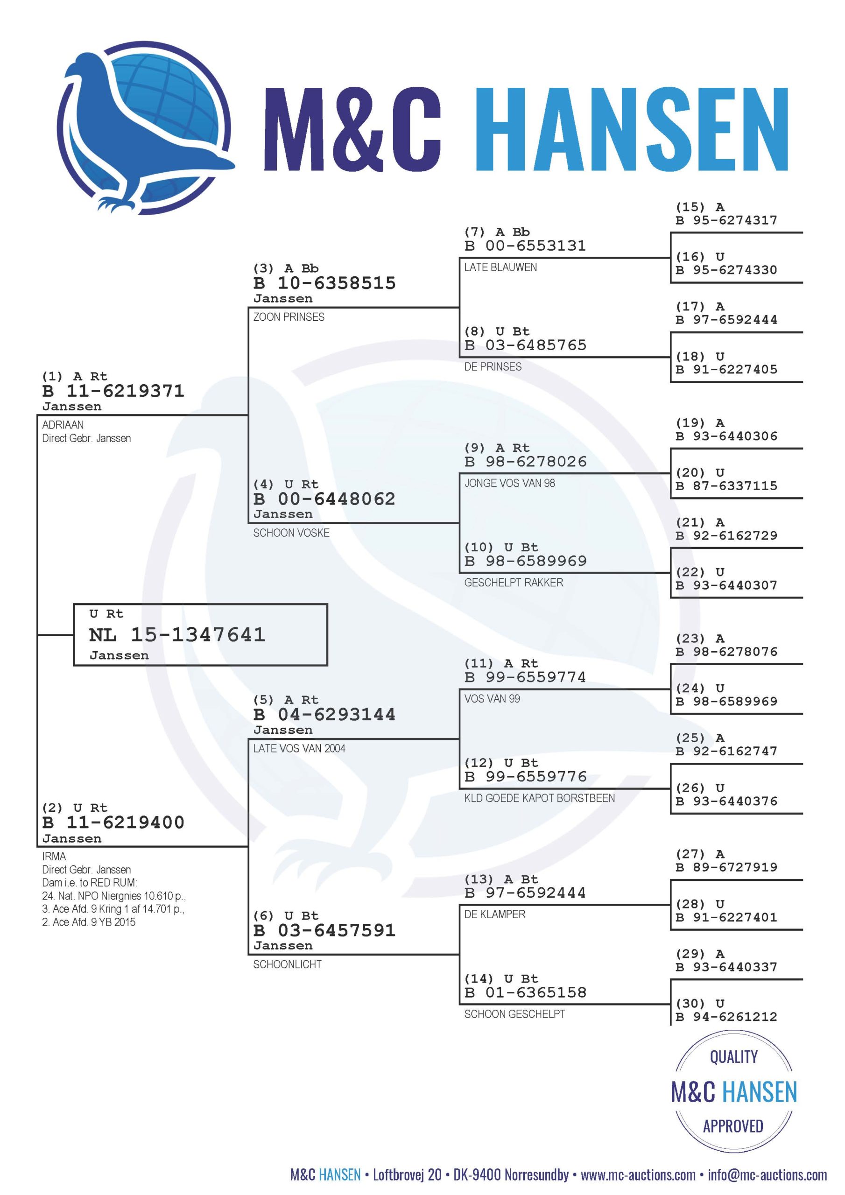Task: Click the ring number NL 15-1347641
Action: [177, 634]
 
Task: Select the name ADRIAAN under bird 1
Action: [63, 425]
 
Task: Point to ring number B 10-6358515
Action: [324, 283]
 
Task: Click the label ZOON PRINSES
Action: [289, 317]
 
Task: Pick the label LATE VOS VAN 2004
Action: [299, 748]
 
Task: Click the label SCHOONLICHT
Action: [288, 964]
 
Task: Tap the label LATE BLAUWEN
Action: [500, 267]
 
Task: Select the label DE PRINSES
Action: [493, 367]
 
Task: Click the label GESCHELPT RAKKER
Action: [514, 583]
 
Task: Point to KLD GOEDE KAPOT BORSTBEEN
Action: [539, 798]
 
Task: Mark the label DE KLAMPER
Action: [494, 914]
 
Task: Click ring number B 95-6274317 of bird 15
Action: [726, 220]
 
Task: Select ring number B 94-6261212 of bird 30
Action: [726, 1017]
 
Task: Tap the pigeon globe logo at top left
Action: [145, 128]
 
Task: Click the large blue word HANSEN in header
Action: [632, 129]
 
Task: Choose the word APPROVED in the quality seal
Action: [733, 1126]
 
